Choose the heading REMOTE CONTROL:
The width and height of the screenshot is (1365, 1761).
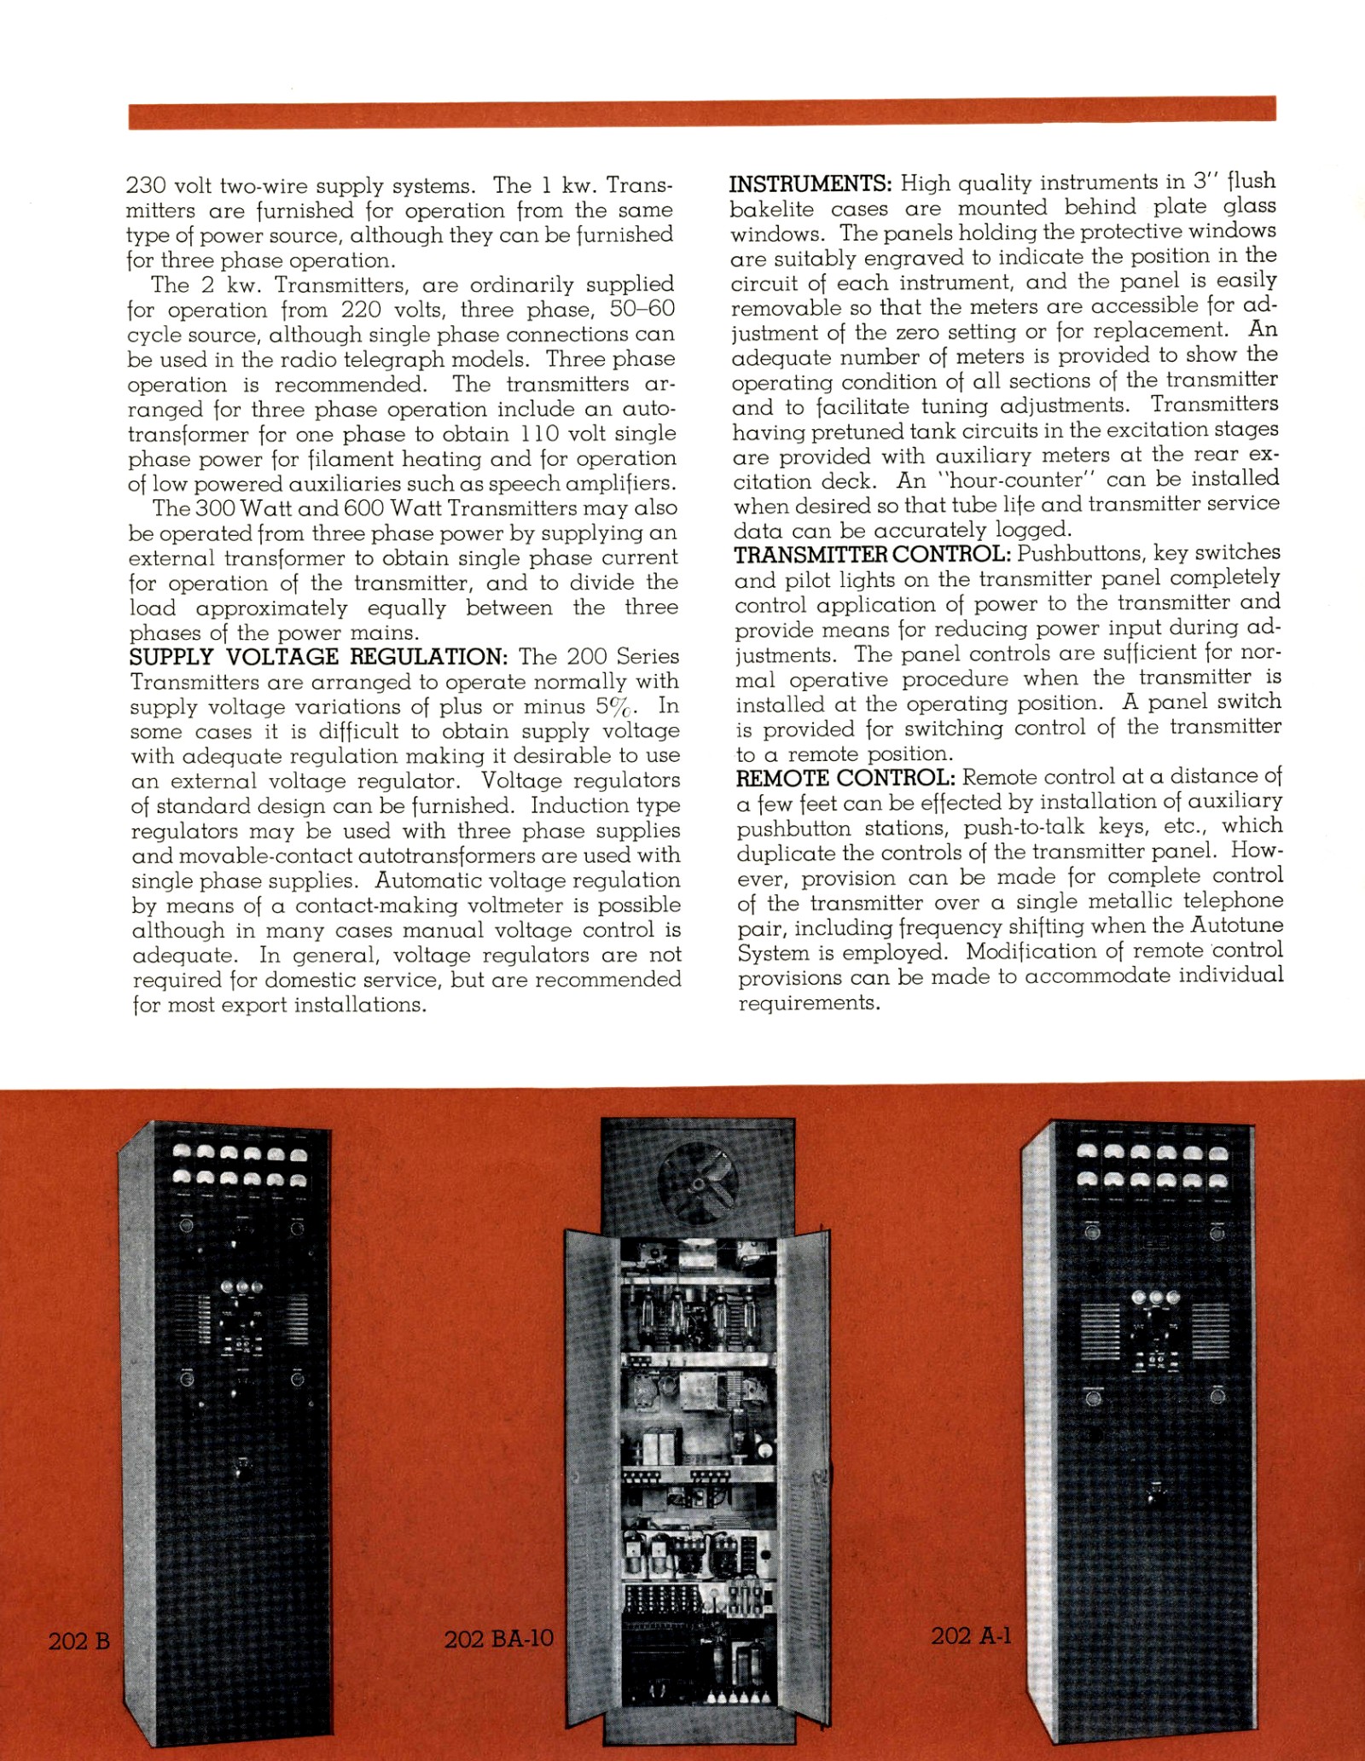(x=844, y=778)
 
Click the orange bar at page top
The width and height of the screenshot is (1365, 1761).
(x=701, y=113)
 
